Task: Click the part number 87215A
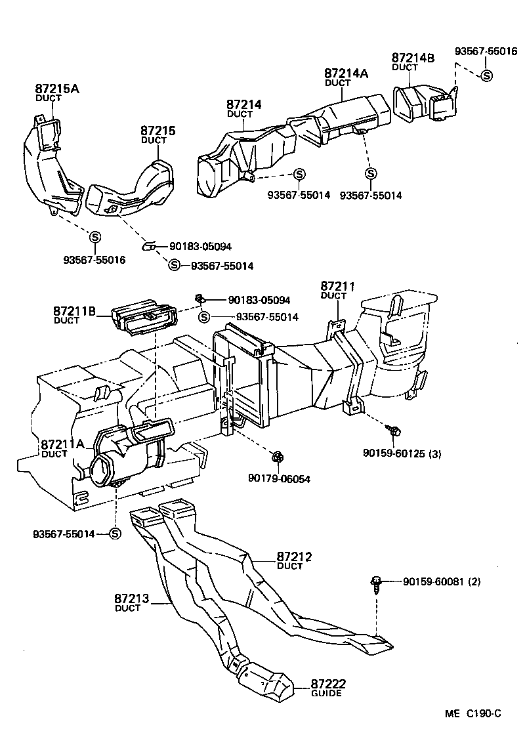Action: (56, 89)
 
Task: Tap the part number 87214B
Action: (413, 58)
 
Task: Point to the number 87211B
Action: (75, 310)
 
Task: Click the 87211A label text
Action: (62, 444)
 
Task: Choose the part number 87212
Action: (293, 557)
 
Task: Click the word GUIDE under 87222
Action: (325, 694)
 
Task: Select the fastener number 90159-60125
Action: (392, 453)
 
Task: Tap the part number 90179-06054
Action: (279, 479)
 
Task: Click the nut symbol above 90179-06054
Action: (277, 455)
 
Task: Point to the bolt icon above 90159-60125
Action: (394, 430)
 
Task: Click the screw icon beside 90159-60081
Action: (377, 583)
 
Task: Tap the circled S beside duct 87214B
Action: (486, 75)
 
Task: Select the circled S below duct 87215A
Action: (94, 237)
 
